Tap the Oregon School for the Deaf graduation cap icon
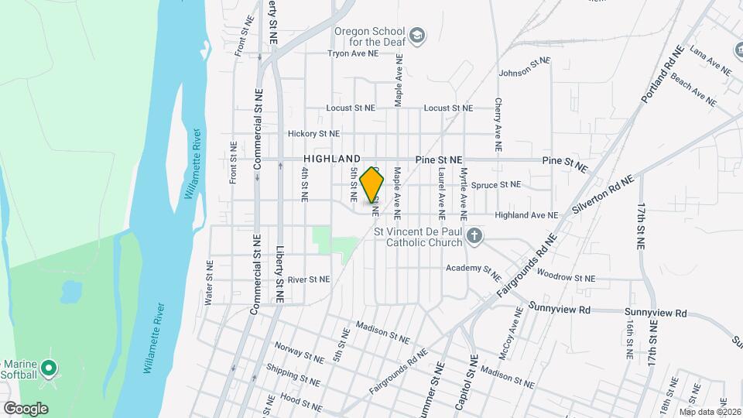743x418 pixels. pos(418,35)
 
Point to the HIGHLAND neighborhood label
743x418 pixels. pos(332,158)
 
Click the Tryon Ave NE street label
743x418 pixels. pos(353,54)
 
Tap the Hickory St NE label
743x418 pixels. pos(313,133)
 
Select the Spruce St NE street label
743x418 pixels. pos(496,185)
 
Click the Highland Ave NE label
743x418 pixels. pos(526,215)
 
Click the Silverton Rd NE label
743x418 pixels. pos(603,195)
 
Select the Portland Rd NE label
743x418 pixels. pos(663,75)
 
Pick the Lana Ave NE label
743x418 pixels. pos(710,61)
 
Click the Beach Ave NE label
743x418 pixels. pos(693,89)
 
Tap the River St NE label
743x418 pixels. pos(308,279)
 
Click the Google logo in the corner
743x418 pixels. pos(26,408)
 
